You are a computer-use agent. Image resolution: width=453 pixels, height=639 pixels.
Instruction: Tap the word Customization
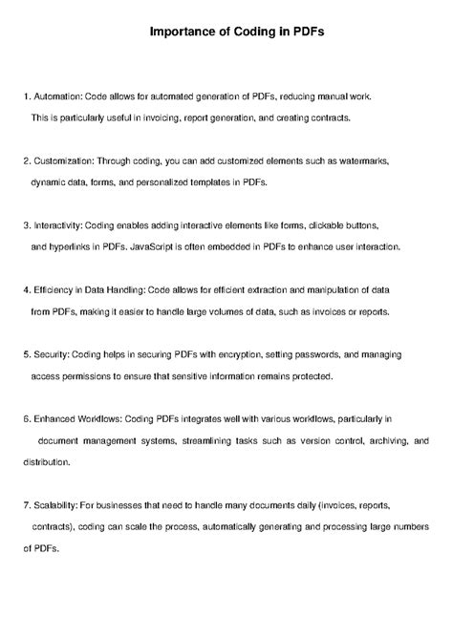63,160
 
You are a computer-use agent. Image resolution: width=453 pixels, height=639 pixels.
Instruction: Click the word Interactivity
58,225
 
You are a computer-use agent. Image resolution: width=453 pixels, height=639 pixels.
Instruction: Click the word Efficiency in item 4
54,289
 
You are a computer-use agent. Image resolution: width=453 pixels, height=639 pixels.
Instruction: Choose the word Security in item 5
51,354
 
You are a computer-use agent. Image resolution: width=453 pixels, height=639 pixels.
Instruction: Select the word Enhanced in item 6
56,418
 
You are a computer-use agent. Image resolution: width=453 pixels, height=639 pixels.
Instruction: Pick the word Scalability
55,504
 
